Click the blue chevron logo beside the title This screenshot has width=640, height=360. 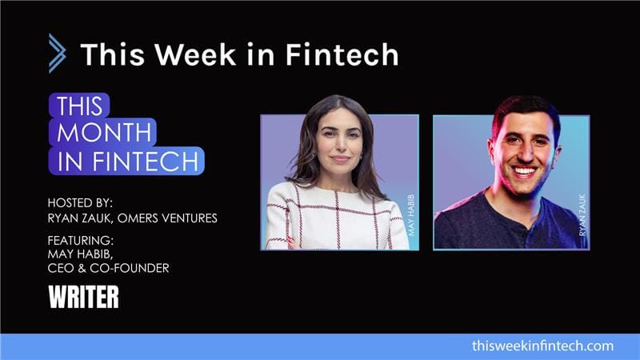tap(56, 54)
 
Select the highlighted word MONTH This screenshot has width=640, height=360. tap(102, 132)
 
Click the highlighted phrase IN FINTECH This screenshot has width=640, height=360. tap(126, 160)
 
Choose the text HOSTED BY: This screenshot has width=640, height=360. tap(82, 202)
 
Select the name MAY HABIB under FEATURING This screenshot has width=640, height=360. tap(80, 254)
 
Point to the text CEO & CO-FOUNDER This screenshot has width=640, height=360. tap(109, 268)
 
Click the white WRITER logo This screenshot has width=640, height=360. tap(83, 298)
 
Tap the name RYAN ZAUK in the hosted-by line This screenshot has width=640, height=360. tap(82, 217)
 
